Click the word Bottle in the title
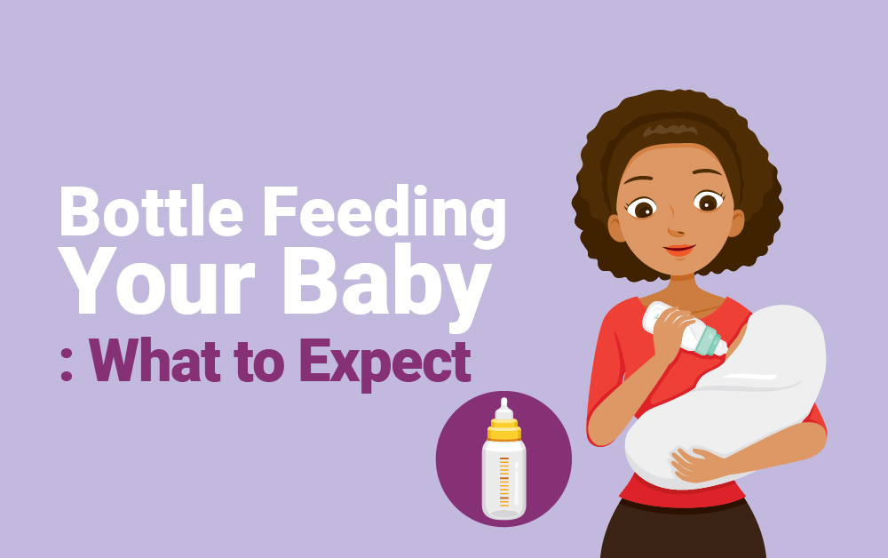(151, 211)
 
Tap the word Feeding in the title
(385, 216)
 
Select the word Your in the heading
(158, 281)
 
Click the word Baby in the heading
(387, 287)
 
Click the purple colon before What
(67, 368)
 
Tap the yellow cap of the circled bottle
(503, 430)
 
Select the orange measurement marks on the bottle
(504, 481)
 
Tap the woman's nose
(676, 227)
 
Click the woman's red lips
(679, 250)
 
